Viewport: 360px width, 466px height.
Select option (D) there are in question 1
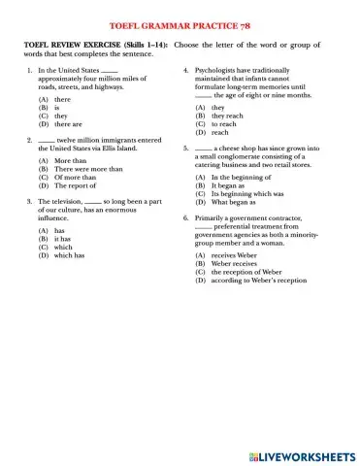tap(60, 125)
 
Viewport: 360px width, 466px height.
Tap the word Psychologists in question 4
tap(219, 71)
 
